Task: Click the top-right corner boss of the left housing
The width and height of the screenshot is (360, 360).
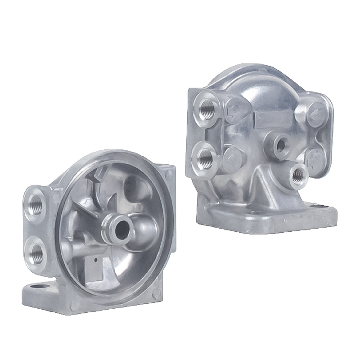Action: click(169, 173)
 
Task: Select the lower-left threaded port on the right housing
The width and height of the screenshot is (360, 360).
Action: click(206, 157)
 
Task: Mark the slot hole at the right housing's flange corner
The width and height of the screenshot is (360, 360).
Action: click(322, 207)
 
